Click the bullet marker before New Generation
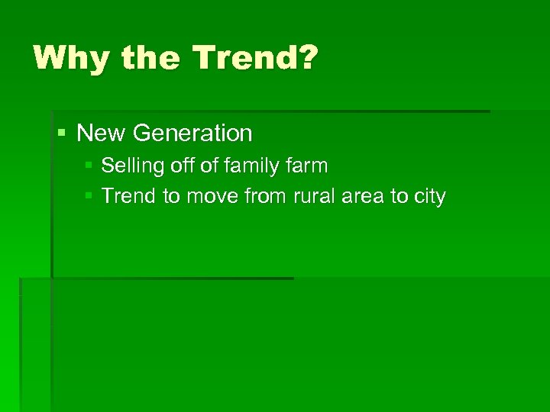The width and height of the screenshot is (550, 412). coord(62,134)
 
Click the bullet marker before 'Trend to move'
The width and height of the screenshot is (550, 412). coord(89,197)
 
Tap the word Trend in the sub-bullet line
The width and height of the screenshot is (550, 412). coord(128,197)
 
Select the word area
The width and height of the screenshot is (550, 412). coord(358,197)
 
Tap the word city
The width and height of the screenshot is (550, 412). coord(429,197)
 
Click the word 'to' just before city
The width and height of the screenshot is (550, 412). coord(400,197)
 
